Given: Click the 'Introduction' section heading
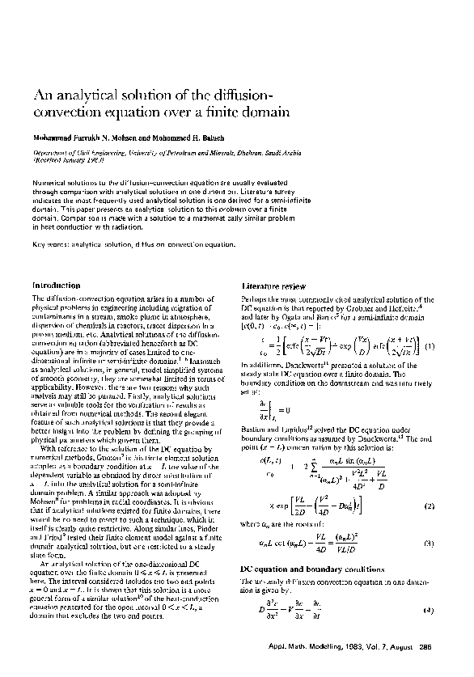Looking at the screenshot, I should click(x=56, y=286).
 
